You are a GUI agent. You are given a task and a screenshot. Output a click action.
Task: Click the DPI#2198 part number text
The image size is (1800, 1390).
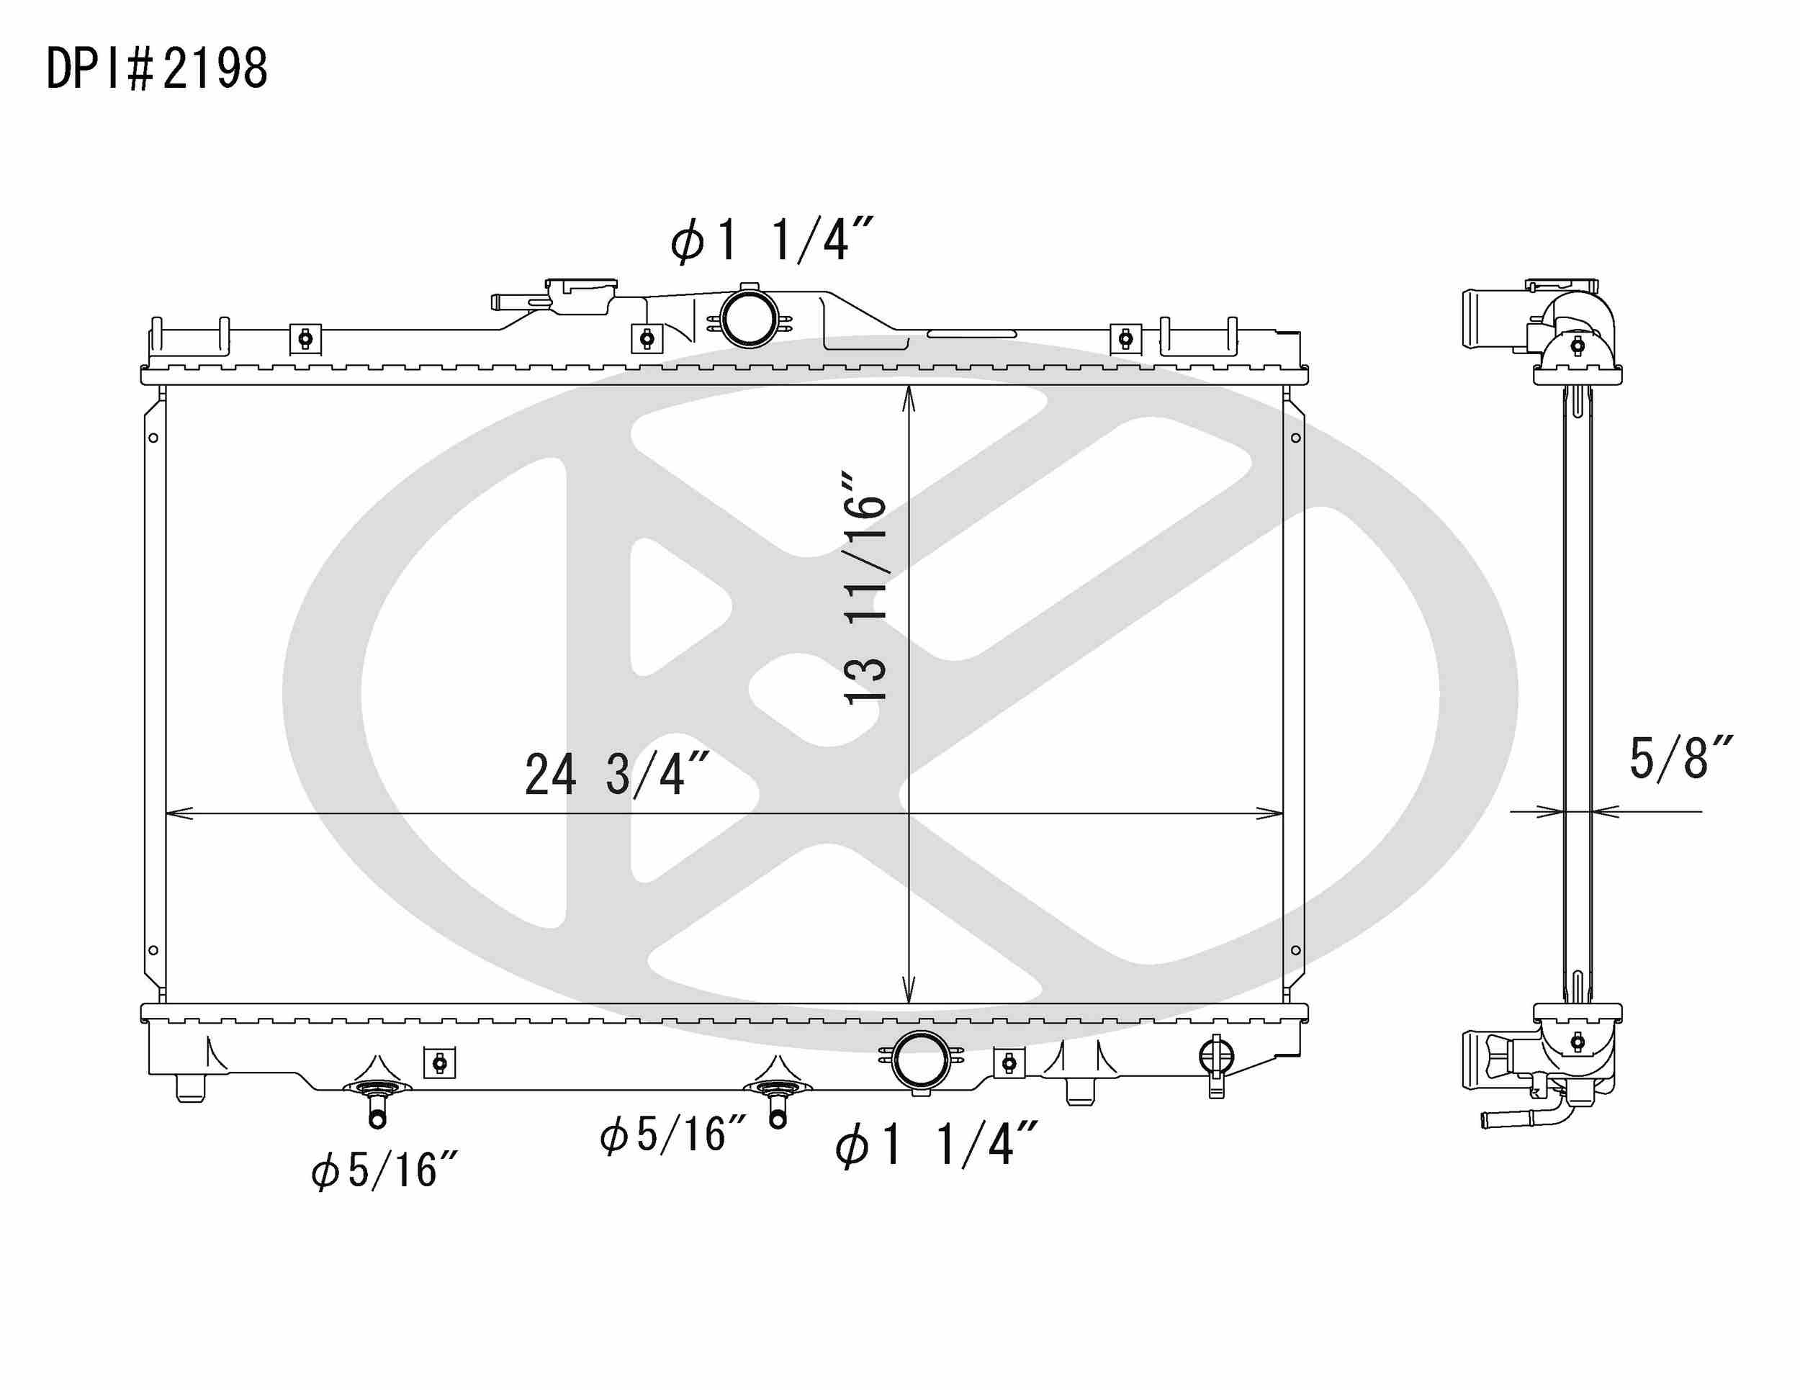(156, 68)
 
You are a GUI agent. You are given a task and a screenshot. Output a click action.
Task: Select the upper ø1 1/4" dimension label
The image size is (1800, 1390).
(770, 240)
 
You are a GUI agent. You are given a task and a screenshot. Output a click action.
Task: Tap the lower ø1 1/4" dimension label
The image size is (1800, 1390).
(935, 1145)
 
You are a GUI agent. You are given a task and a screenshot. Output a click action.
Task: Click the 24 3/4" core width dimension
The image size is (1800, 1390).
(616, 775)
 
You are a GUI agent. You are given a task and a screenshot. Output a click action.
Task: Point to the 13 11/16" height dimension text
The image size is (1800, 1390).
(865, 587)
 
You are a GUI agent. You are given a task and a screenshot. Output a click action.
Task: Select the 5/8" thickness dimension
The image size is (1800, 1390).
(1680, 758)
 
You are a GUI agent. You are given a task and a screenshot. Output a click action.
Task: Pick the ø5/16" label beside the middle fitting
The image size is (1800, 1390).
(672, 1134)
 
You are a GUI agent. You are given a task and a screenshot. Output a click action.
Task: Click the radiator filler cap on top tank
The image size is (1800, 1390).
(582, 295)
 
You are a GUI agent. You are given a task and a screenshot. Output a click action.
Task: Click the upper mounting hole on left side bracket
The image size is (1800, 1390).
(153, 438)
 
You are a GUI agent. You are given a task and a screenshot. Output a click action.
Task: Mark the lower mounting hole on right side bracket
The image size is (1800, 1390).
(1295, 950)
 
